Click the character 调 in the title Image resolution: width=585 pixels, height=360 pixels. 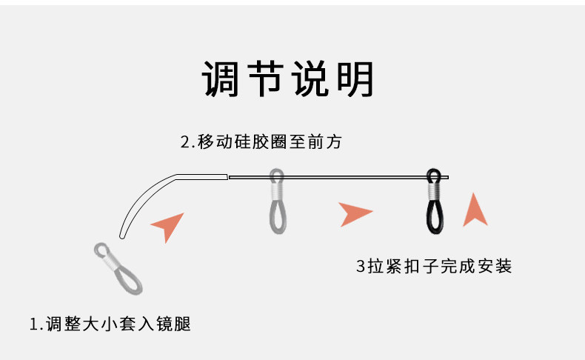pyautogui.click(x=221, y=79)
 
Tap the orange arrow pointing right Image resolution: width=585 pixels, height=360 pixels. pyautogui.click(x=355, y=214)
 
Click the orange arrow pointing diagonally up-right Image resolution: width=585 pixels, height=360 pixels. pyautogui.click(x=169, y=225)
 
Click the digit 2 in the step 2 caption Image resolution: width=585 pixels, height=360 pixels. pyautogui.click(x=185, y=142)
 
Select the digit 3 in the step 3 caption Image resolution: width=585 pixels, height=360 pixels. pyautogui.click(x=361, y=266)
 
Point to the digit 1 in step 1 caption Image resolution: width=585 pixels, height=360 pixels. pyautogui.click(x=33, y=324)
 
